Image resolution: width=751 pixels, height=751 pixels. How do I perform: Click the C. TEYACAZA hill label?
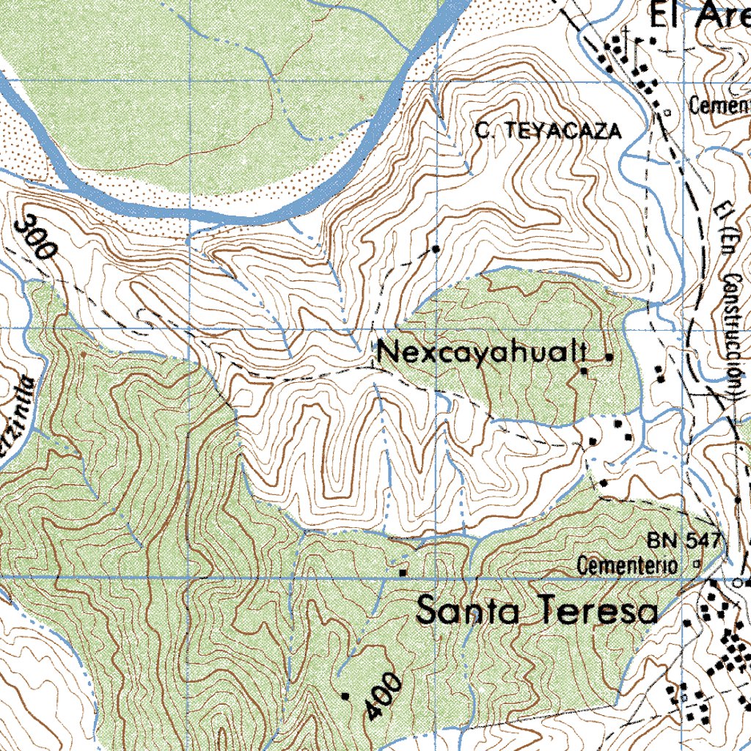click(547, 131)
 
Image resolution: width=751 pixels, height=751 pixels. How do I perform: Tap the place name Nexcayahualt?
click(482, 354)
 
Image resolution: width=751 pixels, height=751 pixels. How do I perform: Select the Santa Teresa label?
click(537, 610)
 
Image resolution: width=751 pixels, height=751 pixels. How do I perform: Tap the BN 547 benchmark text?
click(685, 541)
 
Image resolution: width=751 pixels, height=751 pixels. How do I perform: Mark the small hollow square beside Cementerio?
click(696, 565)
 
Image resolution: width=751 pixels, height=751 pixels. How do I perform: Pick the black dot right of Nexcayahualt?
click(609, 357)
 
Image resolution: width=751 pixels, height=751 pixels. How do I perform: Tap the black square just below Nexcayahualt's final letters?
click(584, 373)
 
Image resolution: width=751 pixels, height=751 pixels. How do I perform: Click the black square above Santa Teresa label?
click(403, 572)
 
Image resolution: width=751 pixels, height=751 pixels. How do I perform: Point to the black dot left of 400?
click(345, 693)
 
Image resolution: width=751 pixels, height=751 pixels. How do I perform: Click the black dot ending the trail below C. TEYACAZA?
click(436, 249)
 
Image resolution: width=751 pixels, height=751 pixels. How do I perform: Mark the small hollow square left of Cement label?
click(667, 112)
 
